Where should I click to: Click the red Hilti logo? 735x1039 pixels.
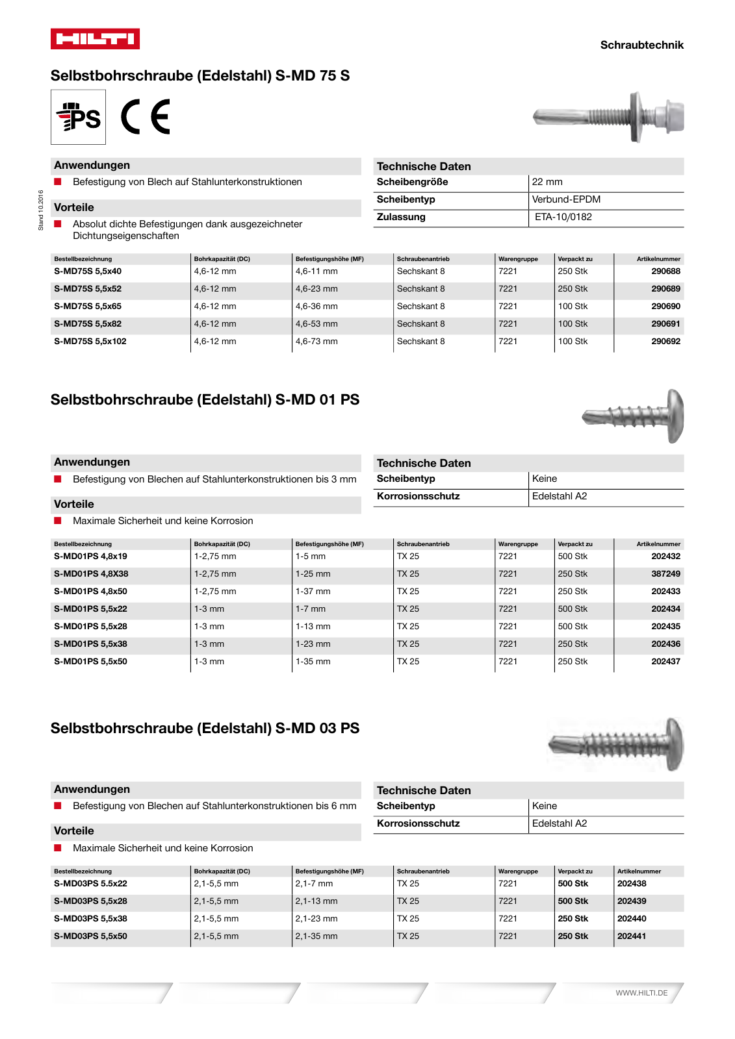[x=95, y=39]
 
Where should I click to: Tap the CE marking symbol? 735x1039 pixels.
[x=146, y=117]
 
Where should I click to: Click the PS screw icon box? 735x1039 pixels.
[x=79, y=117]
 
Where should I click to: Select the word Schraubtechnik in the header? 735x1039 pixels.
[x=641, y=45]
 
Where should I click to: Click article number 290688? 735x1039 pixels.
[x=665, y=271]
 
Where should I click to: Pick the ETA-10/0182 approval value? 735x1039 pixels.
[x=563, y=217]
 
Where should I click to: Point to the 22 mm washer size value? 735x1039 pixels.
[x=547, y=182]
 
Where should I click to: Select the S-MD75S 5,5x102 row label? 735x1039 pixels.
[x=90, y=342]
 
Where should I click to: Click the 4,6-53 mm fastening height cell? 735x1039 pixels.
[x=316, y=324]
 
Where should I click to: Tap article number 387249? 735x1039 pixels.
[x=665, y=574]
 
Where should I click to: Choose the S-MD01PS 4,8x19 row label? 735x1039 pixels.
[x=90, y=557]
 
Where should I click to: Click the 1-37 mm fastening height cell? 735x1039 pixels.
[x=313, y=592]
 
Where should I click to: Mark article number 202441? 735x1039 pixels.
[x=632, y=936]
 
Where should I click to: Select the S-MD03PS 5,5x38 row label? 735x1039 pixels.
[x=90, y=919]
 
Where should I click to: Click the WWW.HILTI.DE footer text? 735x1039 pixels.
[x=641, y=993]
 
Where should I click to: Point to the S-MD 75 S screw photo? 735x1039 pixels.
[x=608, y=117]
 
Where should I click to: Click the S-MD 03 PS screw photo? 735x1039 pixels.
[x=616, y=744]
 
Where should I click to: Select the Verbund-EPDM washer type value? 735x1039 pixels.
[x=566, y=199]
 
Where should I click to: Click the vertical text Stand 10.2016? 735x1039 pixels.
[x=40, y=210]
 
